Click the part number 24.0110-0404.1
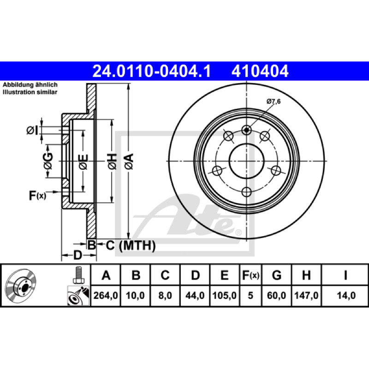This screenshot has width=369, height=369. [x=152, y=71]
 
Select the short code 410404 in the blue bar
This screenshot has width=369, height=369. [x=260, y=71]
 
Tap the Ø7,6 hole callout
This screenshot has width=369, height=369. [x=274, y=101]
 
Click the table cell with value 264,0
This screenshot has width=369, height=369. [x=106, y=295]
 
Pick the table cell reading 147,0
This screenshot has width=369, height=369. [x=306, y=295]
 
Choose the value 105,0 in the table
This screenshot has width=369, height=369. [x=225, y=295]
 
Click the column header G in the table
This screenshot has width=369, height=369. [x=277, y=275]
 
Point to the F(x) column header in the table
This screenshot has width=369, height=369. [x=250, y=275]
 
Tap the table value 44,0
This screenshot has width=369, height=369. [x=195, y=295]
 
